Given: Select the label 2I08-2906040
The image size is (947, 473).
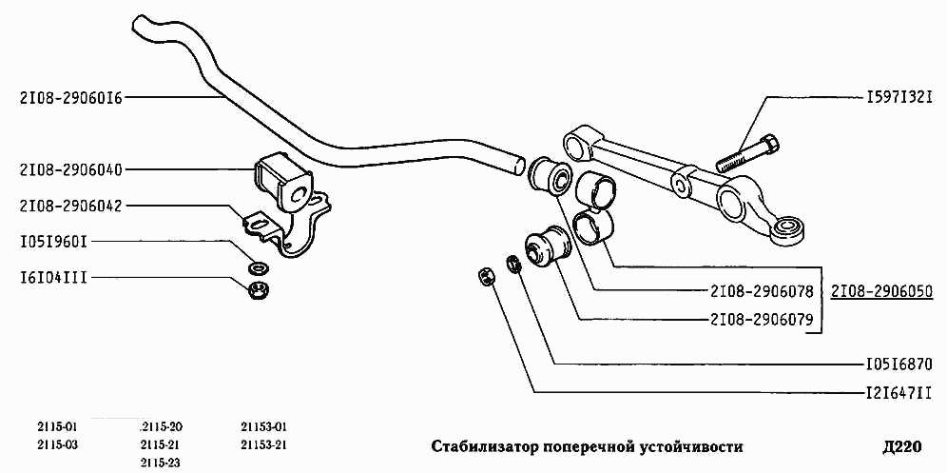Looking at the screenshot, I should [70, 169].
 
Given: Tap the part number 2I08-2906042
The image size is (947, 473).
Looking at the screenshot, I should [70, 206].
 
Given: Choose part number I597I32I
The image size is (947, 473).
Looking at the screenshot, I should [898, 97].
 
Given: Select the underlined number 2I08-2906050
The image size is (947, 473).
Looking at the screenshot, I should [881, 290].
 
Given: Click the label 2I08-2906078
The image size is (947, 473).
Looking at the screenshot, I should [761, 291].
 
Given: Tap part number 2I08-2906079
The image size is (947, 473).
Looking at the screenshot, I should [761, 320].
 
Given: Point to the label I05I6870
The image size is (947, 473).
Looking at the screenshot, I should [897, 364].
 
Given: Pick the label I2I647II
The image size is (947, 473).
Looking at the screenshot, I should [897, 391].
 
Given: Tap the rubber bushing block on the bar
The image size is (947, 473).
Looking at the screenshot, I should [281, 180].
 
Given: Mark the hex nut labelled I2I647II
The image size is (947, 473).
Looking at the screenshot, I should [484, 277].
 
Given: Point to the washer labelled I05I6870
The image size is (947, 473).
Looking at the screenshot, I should [514, 263].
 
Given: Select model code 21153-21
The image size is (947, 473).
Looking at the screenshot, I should [264, 444].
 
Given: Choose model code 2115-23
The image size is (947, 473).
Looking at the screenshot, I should [160, 463].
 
